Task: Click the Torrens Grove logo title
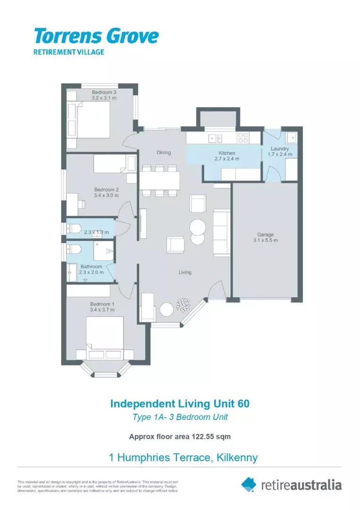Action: pos(96,36)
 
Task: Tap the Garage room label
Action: pos(265,235)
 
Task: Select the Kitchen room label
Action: pos(226,153)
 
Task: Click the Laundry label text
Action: pos(280,149)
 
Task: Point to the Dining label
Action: pos(164,153)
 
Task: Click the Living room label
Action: pos(185,272)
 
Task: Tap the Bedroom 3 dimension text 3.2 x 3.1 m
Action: pos(104,98)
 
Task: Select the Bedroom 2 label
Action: pos(106,190)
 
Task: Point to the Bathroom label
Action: pos(91,267)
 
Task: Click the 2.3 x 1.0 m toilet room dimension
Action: pos(97,232)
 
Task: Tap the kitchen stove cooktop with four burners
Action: pos(243,137)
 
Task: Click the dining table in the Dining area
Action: pos(159,180)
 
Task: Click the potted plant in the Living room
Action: pos(183,305)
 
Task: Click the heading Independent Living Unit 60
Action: pos(180,404)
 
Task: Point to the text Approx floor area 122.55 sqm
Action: pos(180,437)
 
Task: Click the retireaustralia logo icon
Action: pos(249,484)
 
